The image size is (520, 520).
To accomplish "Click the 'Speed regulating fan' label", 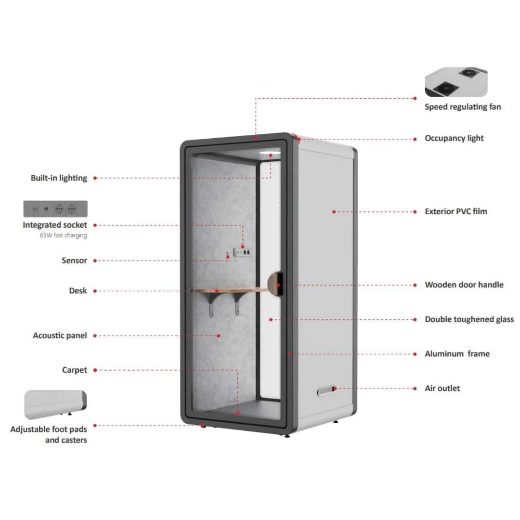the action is pyautogui.click(x=463, y=107).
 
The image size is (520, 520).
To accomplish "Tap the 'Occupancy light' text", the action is pyautogui.click(x=454, y=138).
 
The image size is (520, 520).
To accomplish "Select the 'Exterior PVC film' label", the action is pyautogui.click(x=456, y=211).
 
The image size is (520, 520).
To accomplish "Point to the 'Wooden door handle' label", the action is pyautogui.click(x=464, y=285).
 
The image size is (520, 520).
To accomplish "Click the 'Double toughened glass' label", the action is pyautogui.click(x=469, y=319).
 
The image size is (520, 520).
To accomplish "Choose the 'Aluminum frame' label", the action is pyautogui.click(x=457, y=354).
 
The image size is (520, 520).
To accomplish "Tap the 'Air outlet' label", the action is pyautogui.click(x=442, y=389).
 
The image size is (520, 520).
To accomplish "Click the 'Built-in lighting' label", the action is pyautogui.click(x=59, y=178).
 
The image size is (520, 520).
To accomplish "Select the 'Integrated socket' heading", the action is pyautogui.click(x=55, y=225).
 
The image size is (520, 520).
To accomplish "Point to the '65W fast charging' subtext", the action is pyautogui.click(x=64, y=235).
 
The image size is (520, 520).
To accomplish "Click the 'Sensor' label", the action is pyautogui.click(x=74, y=260).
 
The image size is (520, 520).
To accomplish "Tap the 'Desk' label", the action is pyautogui.click(x=78, y=290).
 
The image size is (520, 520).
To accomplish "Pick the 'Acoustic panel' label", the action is pyautogui.click(x=60, y=335).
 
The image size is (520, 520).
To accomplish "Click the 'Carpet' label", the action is pyautogui.click(x=74, y=370).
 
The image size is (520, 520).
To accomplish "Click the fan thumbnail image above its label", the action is pyautogui.click(x=456, y=82).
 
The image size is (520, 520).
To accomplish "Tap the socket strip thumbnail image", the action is pyautogui.click(x=55, y=208).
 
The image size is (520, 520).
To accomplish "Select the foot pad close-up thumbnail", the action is pyautogui.click(x=55, y=404).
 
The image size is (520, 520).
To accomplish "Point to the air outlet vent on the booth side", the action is pyautogui.click(x=326, y=390).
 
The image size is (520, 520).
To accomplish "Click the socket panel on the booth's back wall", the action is pyautogui.click(x=242, y=252).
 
